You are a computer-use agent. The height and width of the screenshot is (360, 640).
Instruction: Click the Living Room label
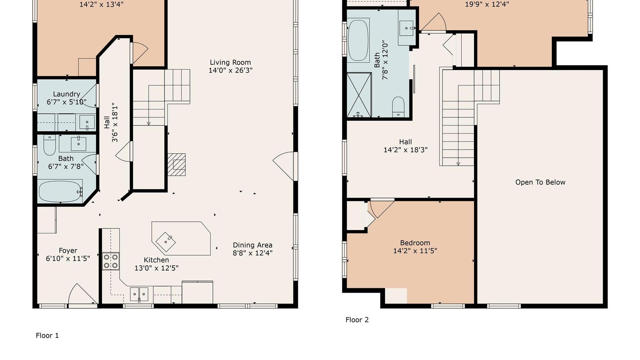point(230,62)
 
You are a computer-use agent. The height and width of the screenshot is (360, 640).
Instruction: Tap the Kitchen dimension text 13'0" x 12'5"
point(156,268)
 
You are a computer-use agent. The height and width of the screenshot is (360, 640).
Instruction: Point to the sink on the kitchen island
point(166,242)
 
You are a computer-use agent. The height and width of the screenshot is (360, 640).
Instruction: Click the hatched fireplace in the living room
point(176,164)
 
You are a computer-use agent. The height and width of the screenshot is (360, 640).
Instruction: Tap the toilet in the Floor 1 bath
point(50,145)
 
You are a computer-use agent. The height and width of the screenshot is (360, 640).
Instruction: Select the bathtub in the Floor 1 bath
point(60,191)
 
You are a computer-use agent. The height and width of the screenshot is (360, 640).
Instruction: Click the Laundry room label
point(66,94)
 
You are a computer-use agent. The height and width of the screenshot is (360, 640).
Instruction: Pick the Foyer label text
point(68,251)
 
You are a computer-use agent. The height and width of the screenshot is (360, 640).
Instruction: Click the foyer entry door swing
point(82,293)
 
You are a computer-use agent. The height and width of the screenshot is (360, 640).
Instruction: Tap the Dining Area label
point(253,245)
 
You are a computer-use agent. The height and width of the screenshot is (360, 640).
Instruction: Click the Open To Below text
point(540,182)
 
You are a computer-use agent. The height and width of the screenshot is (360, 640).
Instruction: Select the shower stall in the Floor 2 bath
point(359,95)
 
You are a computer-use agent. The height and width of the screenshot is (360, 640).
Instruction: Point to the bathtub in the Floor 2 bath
point(358,40)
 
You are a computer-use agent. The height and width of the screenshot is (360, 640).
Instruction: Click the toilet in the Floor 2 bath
point(398,107)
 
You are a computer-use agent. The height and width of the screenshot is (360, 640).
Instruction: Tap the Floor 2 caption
point(357,320)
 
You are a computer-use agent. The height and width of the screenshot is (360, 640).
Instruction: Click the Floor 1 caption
point(47,335)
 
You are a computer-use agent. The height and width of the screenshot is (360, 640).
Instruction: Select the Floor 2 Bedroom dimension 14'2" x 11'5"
point(415,251)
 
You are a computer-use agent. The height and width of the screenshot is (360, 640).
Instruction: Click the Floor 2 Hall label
point(405,142)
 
